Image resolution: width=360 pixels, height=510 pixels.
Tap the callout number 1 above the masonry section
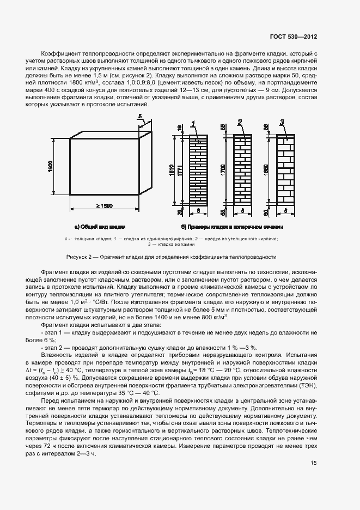193,124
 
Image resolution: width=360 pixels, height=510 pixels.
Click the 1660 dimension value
266,169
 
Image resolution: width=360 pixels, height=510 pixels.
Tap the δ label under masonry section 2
241,209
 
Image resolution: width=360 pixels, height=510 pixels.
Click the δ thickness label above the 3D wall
140,116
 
